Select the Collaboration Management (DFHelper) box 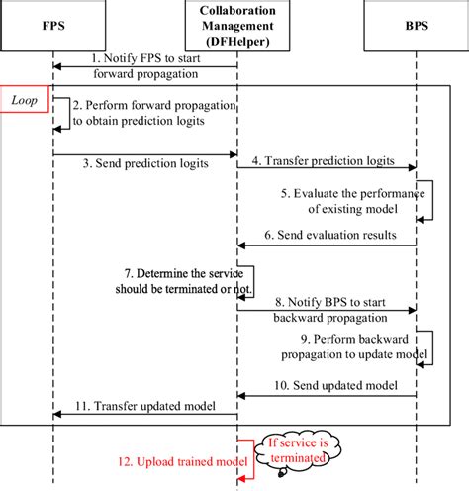point(236,25)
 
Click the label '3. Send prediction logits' point(125,165)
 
